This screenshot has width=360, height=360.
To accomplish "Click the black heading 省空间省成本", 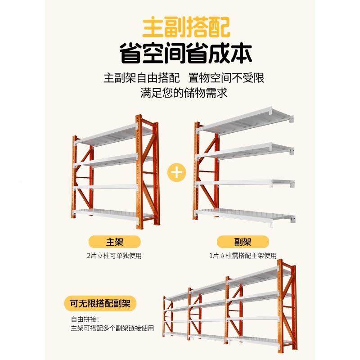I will [185, 54].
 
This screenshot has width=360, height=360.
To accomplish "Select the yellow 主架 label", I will [111, 243].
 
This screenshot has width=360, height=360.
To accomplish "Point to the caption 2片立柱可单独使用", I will [111, 256].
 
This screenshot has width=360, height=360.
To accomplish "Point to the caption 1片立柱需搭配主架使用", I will [243, 256].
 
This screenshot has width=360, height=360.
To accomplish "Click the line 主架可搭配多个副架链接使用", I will [112, 328].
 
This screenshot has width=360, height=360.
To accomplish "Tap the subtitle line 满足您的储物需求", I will [183, 93].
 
